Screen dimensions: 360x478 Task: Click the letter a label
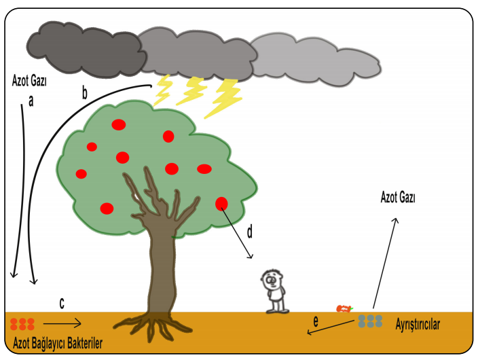click(x=30, y=101)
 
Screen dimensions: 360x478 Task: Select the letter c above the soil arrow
click(x=62, y=304)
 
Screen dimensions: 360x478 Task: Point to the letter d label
click(x=249, y=233)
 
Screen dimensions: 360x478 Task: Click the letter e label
click(x=315, y=320)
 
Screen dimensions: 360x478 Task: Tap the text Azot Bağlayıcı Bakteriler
click(x=58, y=344)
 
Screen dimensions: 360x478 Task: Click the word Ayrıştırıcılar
click(x=418, y=325)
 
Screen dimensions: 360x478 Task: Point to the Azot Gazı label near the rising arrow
click(x=399, y=198)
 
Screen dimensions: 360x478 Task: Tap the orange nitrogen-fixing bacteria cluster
click(x=22, y=324)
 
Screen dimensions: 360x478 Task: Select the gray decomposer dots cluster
click(x=370, y=320)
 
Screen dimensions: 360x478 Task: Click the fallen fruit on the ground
click(x=344, y=308)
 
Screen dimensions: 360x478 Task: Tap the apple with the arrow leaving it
click(x=222, y=203)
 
